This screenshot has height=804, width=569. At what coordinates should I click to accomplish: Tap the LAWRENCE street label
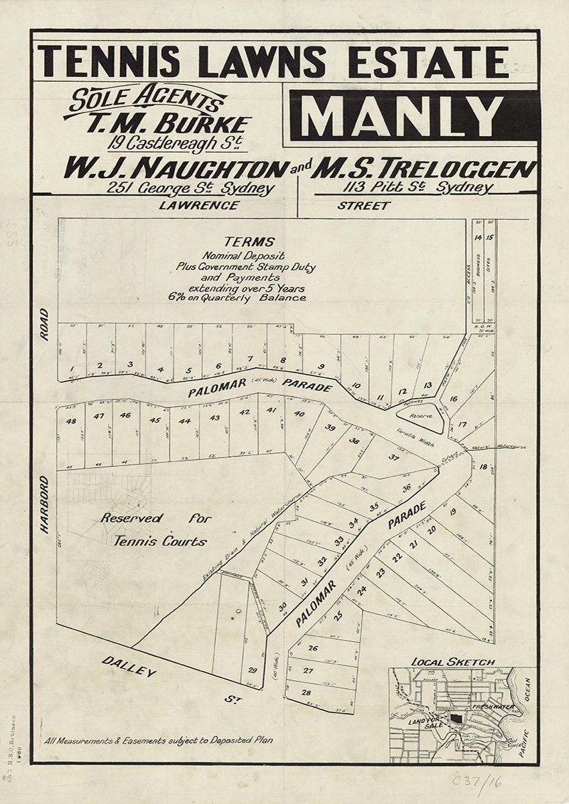[x=198, y=206]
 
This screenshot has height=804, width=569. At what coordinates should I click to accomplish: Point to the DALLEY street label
[x=129, y=666]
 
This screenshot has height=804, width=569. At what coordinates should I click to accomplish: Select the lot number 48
[x=70, y=421]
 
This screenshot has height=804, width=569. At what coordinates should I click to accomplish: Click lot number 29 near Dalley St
[x=252, y=670]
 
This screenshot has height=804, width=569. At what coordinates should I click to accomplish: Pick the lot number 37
[x=394, y=458]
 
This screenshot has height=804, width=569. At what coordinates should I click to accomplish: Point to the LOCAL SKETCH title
[x=453, y=662]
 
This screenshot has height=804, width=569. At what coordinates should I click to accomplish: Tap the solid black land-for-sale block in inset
[x=456, y=718]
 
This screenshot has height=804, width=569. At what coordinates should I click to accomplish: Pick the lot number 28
[x=307, y=692]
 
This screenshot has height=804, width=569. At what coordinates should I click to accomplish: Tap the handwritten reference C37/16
[x=477, y=781]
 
